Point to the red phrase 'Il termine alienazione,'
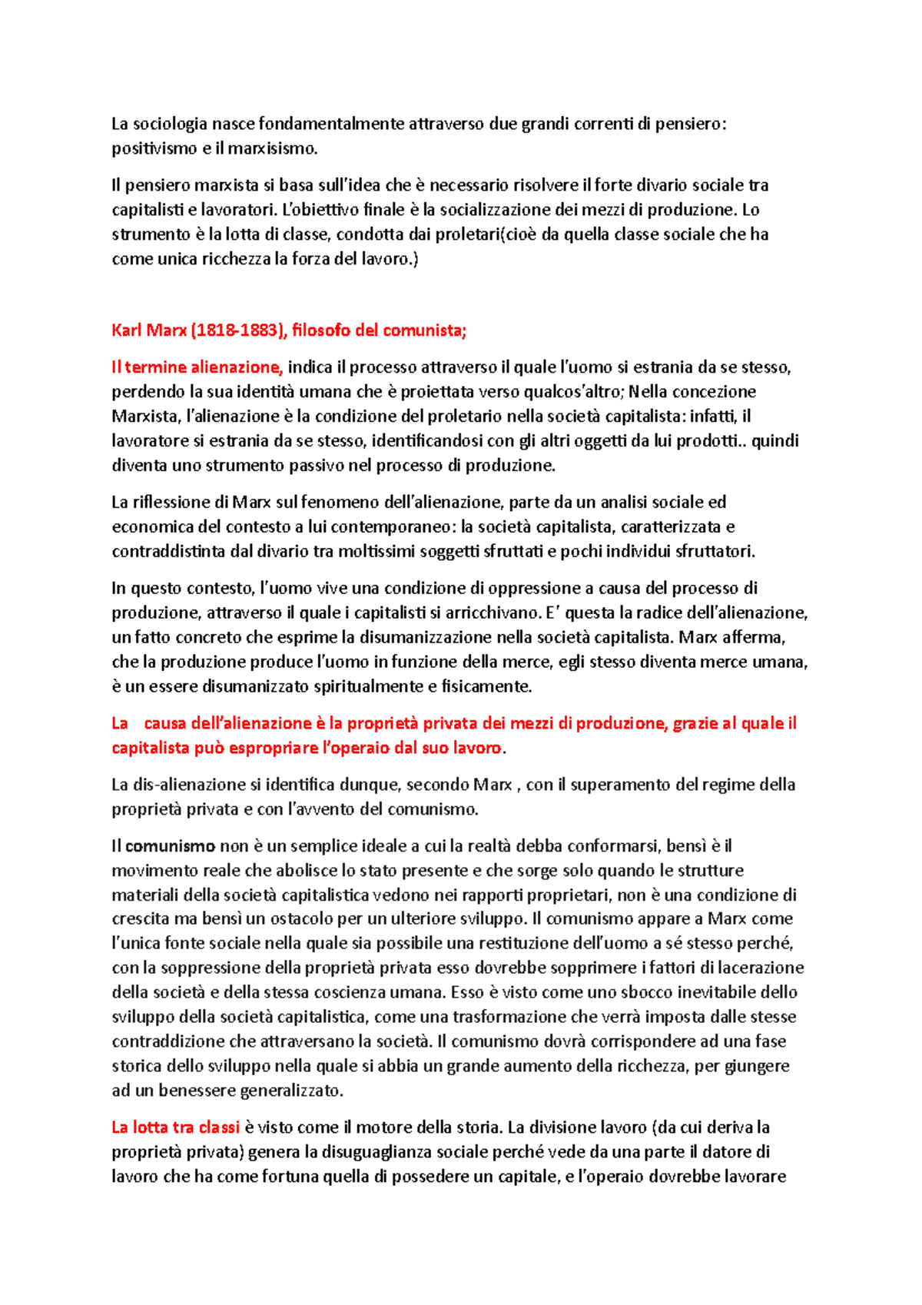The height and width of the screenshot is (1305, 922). (x=197, y=367)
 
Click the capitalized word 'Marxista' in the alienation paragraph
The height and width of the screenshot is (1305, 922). (x=147, y=417)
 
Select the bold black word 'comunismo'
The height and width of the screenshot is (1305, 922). (x=170, y=847)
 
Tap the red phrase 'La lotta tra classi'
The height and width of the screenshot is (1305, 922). (x=176, y=1128)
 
